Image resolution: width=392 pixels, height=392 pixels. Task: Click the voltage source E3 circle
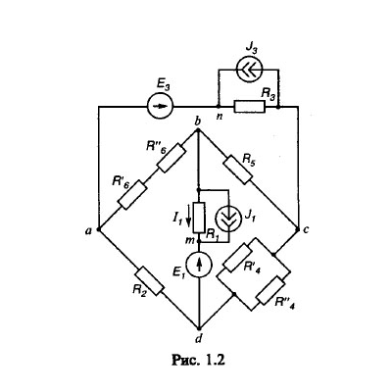[x=160, y=106]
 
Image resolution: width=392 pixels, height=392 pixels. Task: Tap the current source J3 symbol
[x=249, y=70]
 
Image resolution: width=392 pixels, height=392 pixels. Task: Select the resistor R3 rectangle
[x=249, y=107]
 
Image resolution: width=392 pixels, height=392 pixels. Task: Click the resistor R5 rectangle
[x=239, y=170]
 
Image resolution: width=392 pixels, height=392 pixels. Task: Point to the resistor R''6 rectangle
[x=171, y=158]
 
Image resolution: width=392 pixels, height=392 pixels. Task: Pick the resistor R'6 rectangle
[x=132, y=194]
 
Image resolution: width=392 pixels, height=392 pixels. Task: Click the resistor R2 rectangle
[x=150, y=281]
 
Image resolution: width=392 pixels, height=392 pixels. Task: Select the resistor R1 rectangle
[x=199, y=218]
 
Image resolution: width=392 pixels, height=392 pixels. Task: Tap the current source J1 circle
[x=229, y=218]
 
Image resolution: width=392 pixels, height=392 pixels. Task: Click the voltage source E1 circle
[x=199, y=265]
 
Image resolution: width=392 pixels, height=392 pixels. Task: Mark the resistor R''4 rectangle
[x=270, y=290]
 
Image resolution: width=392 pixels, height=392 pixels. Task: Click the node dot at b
[x=198, y=130]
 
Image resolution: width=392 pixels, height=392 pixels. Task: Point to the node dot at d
[x=199, y=327]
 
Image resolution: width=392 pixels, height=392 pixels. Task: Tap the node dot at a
[x=98, y=229]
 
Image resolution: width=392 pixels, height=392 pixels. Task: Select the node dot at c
[x=298, y=229]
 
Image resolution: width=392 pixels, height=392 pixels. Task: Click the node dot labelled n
[x=218, y=107]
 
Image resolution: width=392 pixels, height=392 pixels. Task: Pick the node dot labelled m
[x=199, y=242]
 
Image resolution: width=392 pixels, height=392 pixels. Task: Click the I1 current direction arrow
[x=188, y=219]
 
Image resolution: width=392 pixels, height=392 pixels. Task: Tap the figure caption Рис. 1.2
[x=198, y=360]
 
